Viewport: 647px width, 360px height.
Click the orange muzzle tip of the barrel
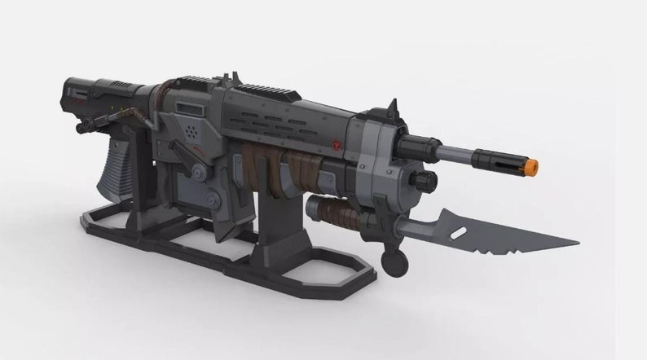click(530, 167)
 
